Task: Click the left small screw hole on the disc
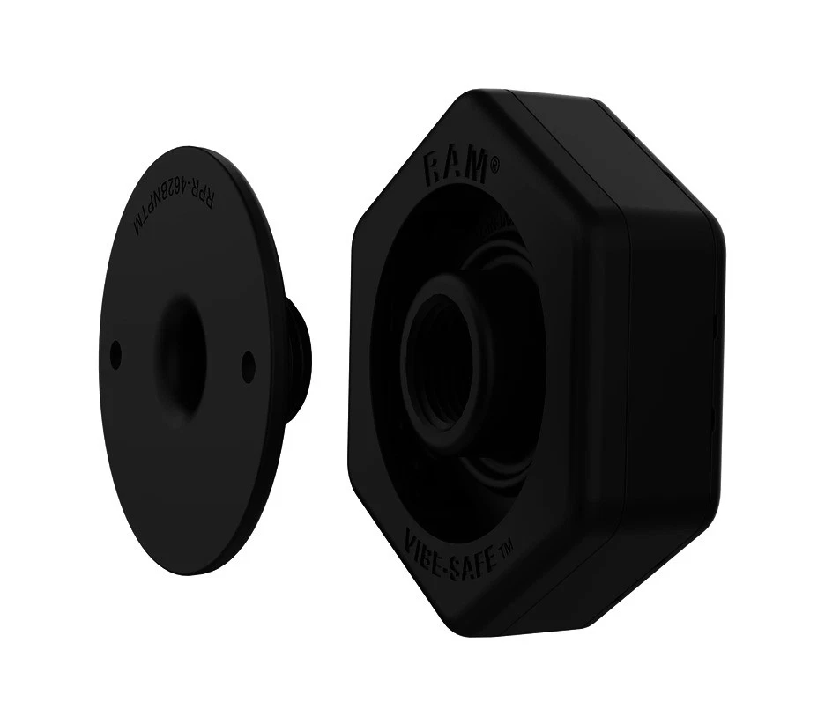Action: point(115,354)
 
